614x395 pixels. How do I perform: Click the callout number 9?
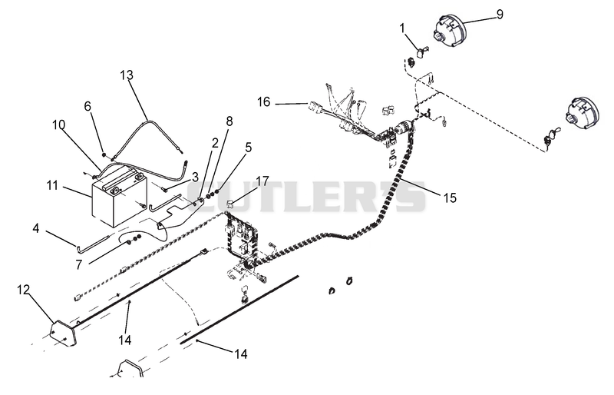point(500,15)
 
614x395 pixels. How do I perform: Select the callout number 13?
point(127,75)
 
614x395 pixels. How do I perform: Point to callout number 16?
point(263,102)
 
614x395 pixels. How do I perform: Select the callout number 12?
point(23,290)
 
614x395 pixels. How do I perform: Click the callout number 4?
point(35,228)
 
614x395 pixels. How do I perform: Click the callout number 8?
point(229,121)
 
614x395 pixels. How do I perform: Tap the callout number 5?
point(248,148)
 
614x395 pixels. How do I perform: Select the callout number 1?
point(402,28)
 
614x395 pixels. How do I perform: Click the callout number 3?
point(195,178)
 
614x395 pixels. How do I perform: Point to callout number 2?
point(215,143)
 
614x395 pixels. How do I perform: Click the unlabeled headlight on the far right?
point(582,111)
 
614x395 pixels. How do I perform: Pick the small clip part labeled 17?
point(231,203)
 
